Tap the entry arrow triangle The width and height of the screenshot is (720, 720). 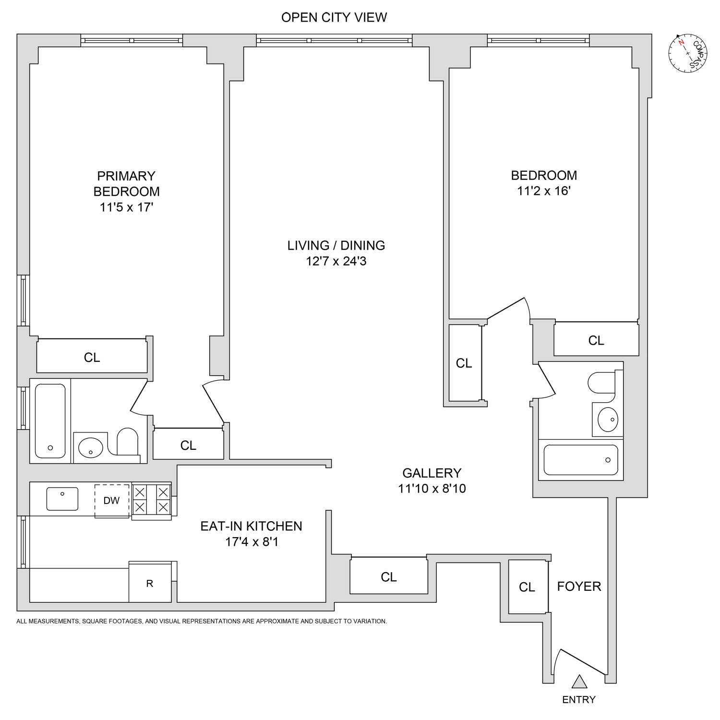point(579,682)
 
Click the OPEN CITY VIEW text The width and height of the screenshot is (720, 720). point(334,17)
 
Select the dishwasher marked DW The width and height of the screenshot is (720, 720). point(112,501)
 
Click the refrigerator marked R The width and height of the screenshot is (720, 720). point(150,583)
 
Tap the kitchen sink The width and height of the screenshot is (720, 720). point(62,499)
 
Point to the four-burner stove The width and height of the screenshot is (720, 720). point(152,500)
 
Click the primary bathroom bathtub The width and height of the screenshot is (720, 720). point(50,421)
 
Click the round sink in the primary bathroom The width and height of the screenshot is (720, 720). point(90,448)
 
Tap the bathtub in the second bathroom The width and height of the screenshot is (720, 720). point(580,460)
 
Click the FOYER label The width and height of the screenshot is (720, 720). point(579,586)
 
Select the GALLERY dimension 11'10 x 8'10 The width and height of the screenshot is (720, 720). point(432,489)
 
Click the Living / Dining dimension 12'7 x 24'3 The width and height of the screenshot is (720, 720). point(336,261)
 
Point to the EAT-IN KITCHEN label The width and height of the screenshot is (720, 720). point(251,526)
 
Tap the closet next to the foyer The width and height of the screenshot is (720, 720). point(527,587)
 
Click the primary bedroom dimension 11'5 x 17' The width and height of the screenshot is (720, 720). point(126,207)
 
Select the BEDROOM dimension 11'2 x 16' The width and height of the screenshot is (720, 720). point(543,191)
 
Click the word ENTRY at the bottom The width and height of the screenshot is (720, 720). point(579,700)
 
